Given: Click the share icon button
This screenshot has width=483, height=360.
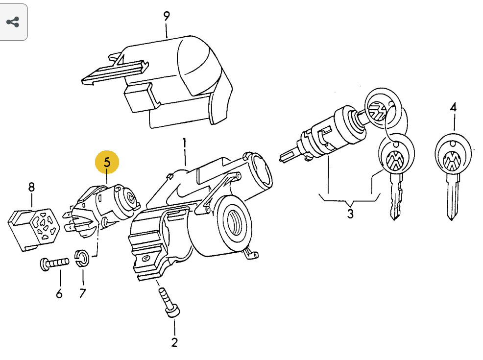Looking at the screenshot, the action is (13, 22).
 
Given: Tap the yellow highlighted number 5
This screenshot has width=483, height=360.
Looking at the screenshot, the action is (107, 162).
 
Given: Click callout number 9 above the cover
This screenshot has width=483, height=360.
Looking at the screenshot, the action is (167, 16).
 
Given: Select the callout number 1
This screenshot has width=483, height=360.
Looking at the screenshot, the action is (184, 144).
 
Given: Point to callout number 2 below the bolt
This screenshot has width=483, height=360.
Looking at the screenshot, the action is (174, 342).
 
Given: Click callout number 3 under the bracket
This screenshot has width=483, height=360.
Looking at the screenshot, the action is (350, 214).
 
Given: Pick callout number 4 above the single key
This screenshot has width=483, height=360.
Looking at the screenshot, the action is (453, 107).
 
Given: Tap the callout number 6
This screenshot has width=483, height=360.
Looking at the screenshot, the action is (59, 293).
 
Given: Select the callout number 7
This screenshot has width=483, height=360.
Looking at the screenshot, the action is (82, 293).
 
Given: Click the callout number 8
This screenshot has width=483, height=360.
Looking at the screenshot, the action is (31, 187).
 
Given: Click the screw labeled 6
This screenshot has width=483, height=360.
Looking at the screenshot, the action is (54, 264).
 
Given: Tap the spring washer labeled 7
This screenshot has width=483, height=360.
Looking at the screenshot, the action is (82, 258).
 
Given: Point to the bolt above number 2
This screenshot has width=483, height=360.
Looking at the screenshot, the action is (169, 302).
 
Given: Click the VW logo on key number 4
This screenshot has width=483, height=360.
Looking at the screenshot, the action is (452, 160).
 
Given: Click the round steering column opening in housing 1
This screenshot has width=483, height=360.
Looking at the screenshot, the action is (236, 219).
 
